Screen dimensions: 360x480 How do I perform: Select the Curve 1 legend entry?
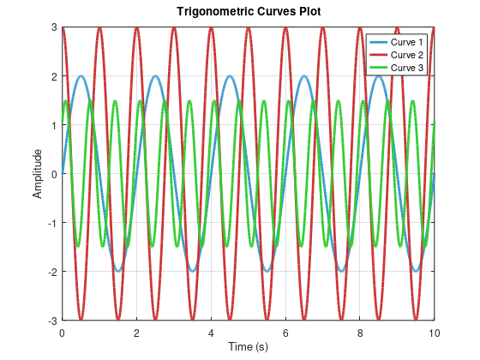(407, 42)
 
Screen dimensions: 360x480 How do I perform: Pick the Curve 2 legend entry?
(407, 55)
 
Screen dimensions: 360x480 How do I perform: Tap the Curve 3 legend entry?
(407, 67)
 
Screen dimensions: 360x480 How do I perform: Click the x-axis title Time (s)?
(248, 345)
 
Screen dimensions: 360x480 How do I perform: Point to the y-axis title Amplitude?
(38, 174)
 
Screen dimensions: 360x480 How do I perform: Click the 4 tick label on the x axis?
(211, 331)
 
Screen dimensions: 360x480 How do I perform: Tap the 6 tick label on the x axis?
(285, 331)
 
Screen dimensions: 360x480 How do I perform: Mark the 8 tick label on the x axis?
(360, 331)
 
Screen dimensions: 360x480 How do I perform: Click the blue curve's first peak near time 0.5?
(81, 76)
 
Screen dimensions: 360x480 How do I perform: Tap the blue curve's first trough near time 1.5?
(117, 271)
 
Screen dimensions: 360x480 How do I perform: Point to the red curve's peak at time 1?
(99, 27)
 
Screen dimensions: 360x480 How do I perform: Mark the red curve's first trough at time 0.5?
(81, 320)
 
